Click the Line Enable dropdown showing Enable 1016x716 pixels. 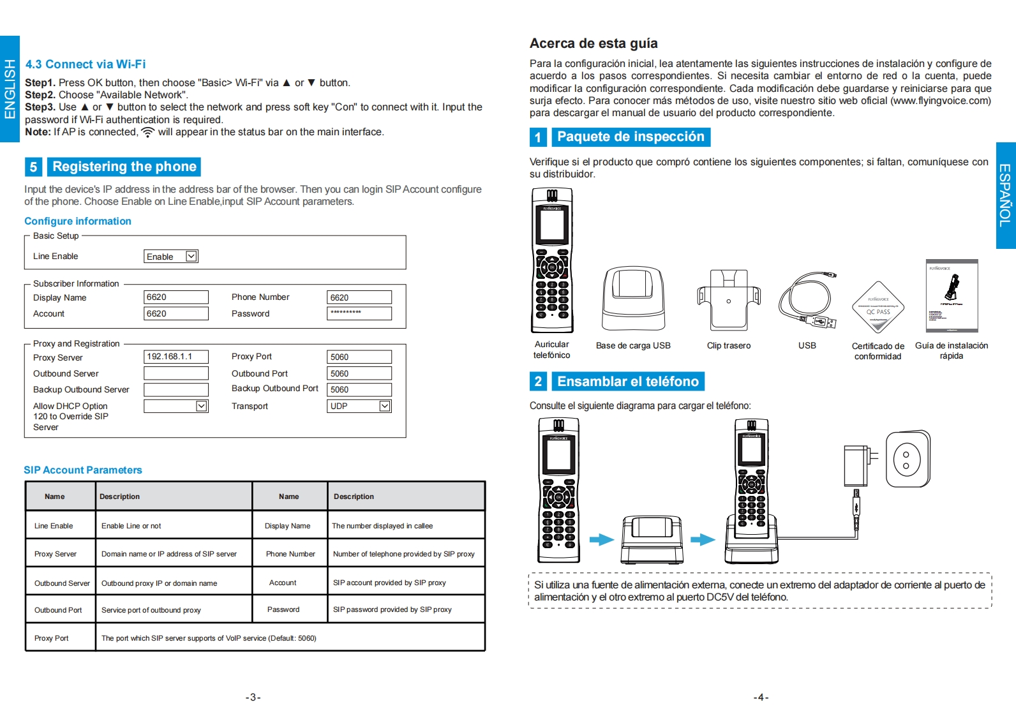point(170,257)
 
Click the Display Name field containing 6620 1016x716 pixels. point(176,297)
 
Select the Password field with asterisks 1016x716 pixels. point(359,313)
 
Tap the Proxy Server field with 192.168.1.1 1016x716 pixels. point(176,357)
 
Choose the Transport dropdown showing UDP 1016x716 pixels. point(359,406)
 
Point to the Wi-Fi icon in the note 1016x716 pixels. point(147,132)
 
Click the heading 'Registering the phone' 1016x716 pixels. point(124,167)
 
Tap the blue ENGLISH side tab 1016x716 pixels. point(10,89)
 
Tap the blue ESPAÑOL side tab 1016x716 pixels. point(1006,195)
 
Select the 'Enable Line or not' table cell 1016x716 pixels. point(131,526)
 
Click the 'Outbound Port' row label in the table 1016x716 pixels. point(58,610)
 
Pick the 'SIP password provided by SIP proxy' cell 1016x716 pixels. point(392,609)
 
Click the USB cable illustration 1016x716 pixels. point(807,301)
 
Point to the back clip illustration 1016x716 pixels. point(728,299)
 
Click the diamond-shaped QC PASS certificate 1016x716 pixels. point(878,307)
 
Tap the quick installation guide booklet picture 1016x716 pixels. point(952,295)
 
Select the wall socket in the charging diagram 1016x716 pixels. point(908,458)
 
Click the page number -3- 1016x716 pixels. point(253,697)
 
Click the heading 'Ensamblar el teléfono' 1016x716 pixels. point(628,382)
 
